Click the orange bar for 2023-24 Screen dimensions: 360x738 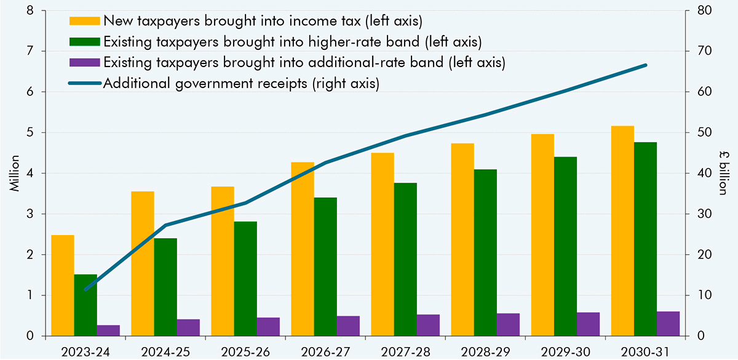(63, 286)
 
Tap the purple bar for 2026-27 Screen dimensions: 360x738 (348, 326)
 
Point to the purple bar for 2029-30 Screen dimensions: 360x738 (589, 324)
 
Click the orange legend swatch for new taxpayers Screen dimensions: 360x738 (85, 20)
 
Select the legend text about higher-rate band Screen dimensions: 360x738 (293, 41)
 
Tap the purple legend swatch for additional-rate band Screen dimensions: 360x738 (85, 62)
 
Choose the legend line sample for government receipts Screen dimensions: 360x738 (85, 83)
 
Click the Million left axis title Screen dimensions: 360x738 (14, 174)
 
